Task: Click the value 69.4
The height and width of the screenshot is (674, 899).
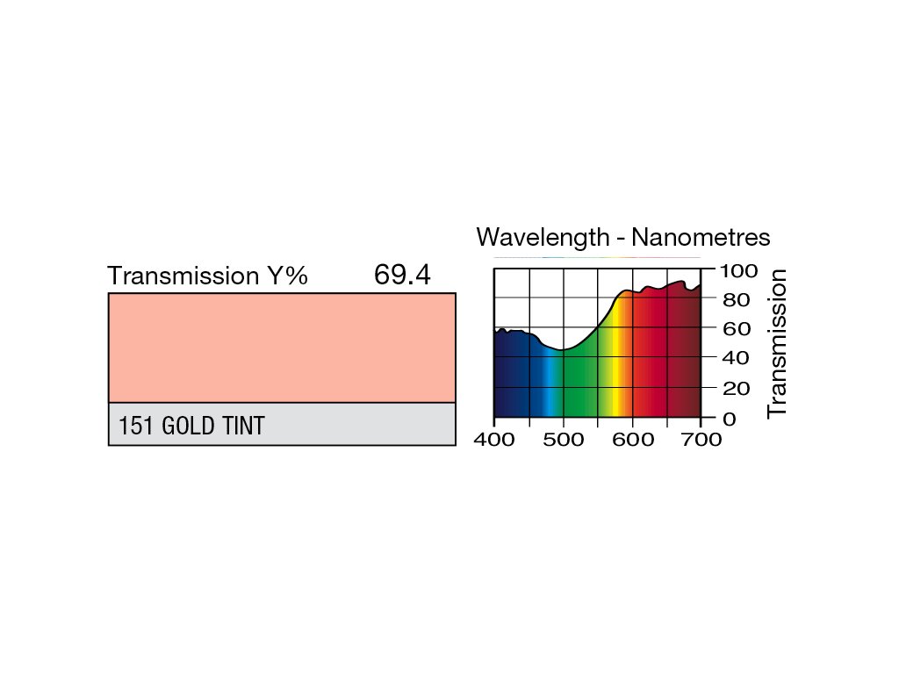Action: click(x=402, y=275)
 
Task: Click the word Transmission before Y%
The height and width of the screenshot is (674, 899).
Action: click(x=183, y=276)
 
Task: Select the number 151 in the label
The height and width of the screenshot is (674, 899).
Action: click(x=135, y=426)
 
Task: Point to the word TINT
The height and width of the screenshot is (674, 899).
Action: click(x=244, y=426)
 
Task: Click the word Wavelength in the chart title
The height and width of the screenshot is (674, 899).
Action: click(x=543, y=238)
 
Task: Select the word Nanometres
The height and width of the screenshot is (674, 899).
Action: click(x=701, y=237)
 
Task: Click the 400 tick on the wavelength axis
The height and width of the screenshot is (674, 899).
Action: click(x=494, y=440)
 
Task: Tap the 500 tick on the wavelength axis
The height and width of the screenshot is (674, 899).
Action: click(x=564, y=440)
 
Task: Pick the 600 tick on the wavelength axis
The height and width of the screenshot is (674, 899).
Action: click(x=633, y=440)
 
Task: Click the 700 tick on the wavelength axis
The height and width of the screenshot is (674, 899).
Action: click(x=701, y=440)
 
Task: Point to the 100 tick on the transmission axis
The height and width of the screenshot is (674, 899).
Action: click(x=738, y=270)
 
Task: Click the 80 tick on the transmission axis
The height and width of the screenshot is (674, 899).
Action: click(x=737, y=299)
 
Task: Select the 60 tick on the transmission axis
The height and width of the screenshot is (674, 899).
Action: click(x=737, y=329)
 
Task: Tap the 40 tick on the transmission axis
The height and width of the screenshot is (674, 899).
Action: click(x=737, y=358)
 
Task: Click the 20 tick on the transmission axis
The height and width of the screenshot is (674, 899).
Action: click(x=737, y=389)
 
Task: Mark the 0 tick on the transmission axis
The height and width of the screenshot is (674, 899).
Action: click(x=730, y=419)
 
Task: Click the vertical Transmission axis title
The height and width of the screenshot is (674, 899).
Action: click(x=777, y=344)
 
